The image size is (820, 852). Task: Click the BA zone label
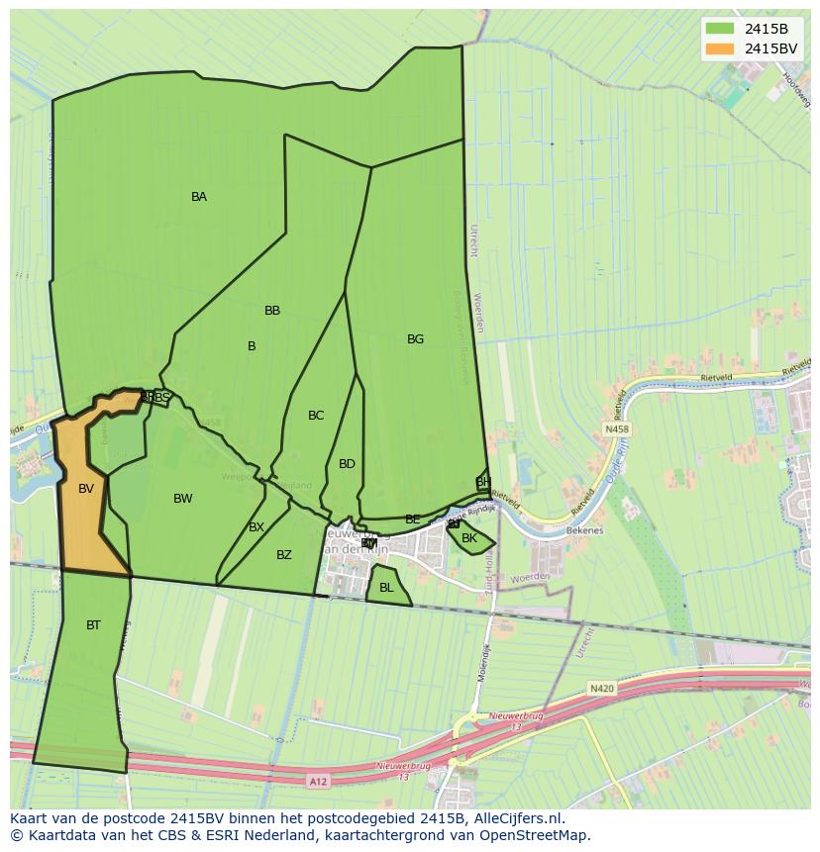click(x=199, y=197)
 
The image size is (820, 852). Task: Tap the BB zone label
click(x=272, y=311)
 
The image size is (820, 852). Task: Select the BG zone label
click(x=415, y=339)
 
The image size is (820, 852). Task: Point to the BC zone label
click(x=316, y=416)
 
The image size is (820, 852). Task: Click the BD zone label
click(x=347, y=464)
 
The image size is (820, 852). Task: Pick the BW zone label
click(x=183, y=499)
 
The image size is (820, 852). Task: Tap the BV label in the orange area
click(x=86, y=489)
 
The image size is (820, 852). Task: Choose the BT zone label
click(x=93, y=625)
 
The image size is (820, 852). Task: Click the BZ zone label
click(x=284, y=555)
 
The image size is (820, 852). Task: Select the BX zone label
click(x=256, y=527)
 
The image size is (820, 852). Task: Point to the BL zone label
click(x=386, y=588)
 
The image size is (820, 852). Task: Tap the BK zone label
click(x=469, y=539)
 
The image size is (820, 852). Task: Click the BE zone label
click(x=413, y=520)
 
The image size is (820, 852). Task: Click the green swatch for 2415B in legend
click(x=720, y=29)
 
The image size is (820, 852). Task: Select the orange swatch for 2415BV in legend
click(x=720, y=48)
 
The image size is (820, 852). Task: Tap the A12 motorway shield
click(x=317, y=782)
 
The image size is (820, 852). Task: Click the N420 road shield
click(x=601, y=688)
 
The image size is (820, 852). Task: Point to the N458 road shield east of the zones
click(x=616, y=429)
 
